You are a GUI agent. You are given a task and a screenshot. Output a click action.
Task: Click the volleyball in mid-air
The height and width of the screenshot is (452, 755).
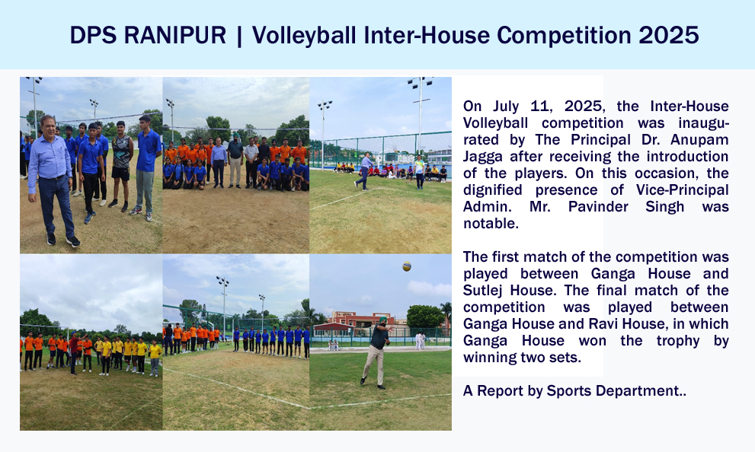407,266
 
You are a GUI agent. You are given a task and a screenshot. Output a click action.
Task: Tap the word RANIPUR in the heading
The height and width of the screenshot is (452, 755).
174,35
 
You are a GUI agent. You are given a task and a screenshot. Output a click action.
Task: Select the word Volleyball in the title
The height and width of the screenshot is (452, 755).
304,36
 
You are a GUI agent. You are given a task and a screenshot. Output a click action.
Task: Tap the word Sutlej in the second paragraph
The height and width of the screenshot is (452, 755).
482,291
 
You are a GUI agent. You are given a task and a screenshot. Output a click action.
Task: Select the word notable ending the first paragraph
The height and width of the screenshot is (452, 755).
491,224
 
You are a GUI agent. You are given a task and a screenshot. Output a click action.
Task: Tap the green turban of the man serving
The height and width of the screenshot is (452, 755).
383,320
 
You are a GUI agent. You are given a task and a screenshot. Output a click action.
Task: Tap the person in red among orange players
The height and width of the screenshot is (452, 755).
74,353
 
